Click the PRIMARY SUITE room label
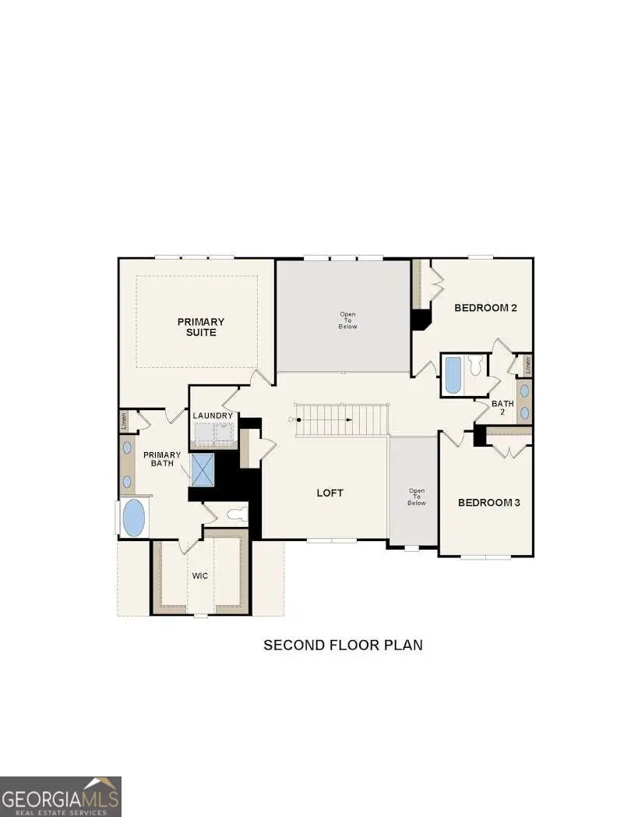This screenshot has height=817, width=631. point(200,327)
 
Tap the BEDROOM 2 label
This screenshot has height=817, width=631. point(486,308)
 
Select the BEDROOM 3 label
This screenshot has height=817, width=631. point(488,503)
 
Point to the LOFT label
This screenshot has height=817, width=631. point(330,493)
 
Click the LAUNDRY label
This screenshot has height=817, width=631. point(213,416)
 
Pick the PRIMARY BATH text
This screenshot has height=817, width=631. point(161,460)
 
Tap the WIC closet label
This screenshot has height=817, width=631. point(200,575)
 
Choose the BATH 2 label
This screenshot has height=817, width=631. point(502,408)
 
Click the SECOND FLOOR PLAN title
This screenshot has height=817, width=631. point(343,645)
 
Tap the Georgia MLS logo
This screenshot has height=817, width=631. point(61,796)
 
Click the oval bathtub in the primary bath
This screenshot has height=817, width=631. point(134,518)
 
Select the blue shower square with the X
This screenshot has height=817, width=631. point(204,469)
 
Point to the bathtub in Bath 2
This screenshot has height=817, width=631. point(453,376)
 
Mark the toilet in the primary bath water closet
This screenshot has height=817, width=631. point(235,514)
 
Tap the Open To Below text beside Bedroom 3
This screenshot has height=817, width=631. point(416,497)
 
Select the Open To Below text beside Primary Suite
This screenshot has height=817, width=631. point(347,320)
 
